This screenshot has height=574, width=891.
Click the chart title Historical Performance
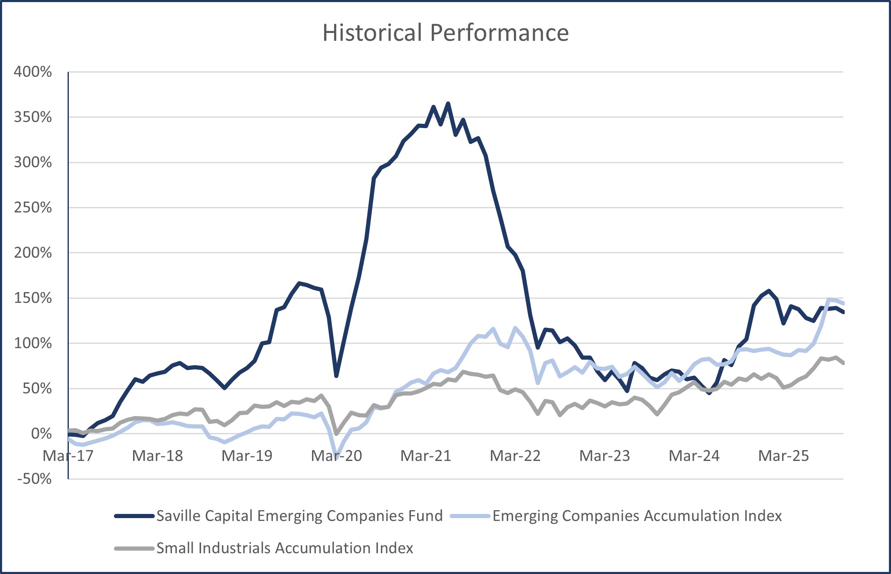445,33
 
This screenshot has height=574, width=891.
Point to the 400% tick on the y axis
33,72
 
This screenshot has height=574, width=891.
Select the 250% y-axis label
33,207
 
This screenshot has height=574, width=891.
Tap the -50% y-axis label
35,478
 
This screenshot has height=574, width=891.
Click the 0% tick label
41,433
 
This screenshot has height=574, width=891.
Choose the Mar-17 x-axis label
68,456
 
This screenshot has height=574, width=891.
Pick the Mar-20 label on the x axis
336,456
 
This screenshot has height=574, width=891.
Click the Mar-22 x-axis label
515,456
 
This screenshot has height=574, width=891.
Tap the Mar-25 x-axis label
783,456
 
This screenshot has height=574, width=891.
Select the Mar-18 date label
157,456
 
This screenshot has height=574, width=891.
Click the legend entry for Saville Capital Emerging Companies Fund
300,516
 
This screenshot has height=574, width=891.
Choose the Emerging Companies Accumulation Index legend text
637,516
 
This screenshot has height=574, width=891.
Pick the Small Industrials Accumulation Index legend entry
284,548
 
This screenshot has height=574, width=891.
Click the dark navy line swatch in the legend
134,516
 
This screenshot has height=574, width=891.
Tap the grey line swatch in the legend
134,549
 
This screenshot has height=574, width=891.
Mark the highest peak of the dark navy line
448,103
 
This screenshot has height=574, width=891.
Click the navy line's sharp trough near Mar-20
336,376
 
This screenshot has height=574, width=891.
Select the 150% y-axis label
33,298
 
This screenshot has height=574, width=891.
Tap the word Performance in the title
499,33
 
